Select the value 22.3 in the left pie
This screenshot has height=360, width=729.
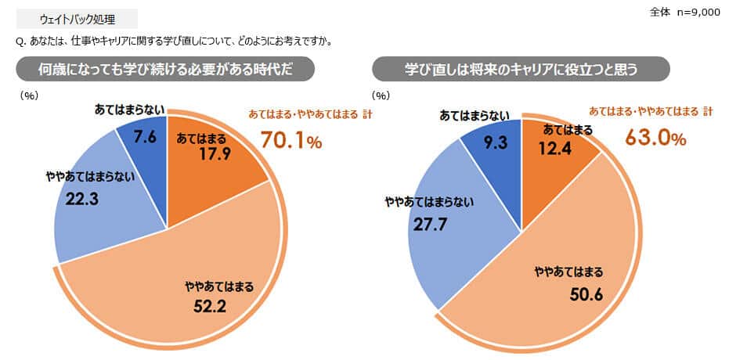pos(81,200)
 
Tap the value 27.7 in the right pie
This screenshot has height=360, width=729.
pos(428,226)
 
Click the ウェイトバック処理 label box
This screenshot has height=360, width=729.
pos(76,19)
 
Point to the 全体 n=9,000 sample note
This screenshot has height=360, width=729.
pos(684,13)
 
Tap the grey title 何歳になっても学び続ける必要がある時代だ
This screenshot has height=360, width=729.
pos(166,69)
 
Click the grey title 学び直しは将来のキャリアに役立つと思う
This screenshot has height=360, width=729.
pos(521,69)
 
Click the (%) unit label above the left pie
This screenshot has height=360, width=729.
pos(29,95)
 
